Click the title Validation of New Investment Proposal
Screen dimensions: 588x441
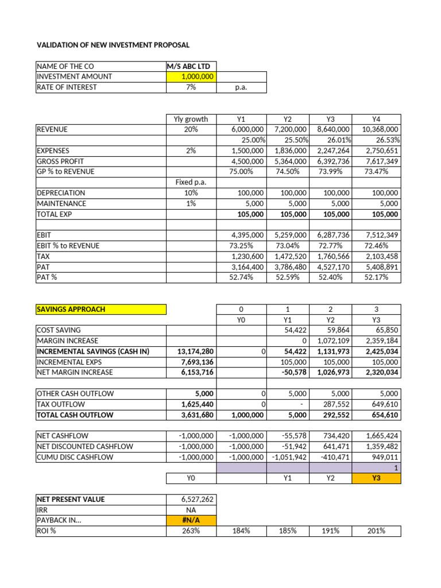tap(113, 45)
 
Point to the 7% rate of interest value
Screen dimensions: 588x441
tap(191, 87)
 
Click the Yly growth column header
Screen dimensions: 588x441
tap(191, 119)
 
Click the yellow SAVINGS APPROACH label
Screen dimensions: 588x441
tap(100, 309)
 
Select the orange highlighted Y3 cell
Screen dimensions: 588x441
tap(377, 478)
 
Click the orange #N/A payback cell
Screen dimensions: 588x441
tap(191, 520)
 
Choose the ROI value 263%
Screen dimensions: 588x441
tap(191, 531)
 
